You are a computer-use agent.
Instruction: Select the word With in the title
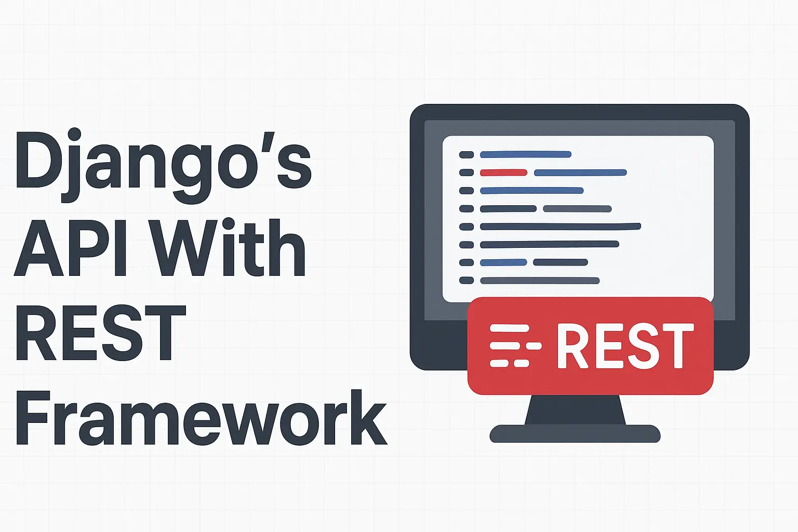(x=229, y=248)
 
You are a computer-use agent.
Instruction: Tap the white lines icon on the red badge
(x=515, y=345)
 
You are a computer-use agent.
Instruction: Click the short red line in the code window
(x=503, y=172)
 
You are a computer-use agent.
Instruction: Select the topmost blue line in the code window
(x=525, y=154)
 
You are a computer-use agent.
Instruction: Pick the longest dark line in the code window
(x=560, y=227)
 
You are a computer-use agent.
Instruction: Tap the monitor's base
(x=575, y=434)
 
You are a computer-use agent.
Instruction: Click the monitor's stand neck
(x=575, y=410)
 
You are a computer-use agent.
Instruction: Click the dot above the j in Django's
(x=74, y=134)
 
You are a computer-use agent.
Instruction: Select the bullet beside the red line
(x=467, y=172)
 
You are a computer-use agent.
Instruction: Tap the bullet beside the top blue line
(x=467, y=154)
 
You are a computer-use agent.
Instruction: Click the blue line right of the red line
(x=580, y=172)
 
